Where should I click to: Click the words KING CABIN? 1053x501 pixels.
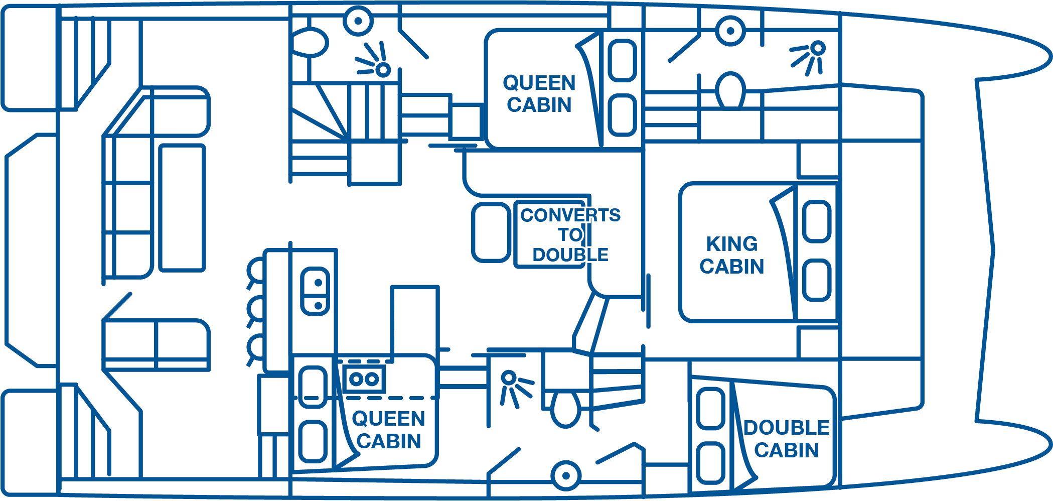coord(732,255)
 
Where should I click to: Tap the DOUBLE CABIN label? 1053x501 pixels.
coord(786,439)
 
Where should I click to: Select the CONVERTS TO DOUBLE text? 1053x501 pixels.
coord(570,234)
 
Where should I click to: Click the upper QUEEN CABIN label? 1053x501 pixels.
coord(539,94)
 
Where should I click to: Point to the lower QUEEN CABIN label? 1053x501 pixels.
coord(389,430)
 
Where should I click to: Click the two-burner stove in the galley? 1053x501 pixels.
coord(365,379)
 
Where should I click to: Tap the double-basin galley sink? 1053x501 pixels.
coord(315,291)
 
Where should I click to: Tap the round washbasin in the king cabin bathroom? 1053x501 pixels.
coord(730,31)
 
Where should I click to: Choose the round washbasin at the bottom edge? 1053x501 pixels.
coord(565,475)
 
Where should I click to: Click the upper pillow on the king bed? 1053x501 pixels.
coord(817,221)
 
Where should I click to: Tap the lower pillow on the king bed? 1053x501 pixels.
coord(817,280)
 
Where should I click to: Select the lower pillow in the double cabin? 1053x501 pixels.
coord(710,462)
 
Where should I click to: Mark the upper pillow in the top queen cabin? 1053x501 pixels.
coord(622,60)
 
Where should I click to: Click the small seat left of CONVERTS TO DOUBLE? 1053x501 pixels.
coord(491,232)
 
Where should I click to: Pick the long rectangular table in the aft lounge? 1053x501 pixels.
coord(182,208)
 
